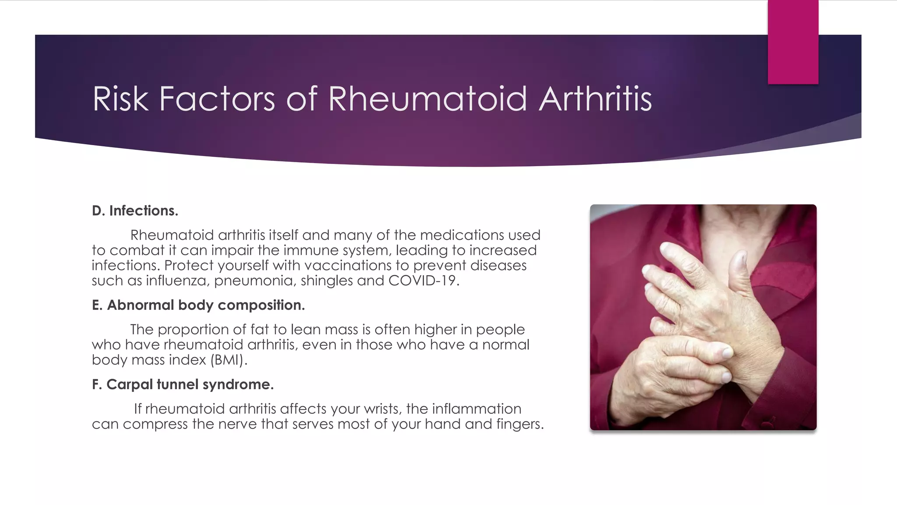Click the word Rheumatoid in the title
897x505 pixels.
(427, 99)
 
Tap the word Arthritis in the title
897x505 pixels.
(595, 99)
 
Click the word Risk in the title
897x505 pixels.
(120, 99)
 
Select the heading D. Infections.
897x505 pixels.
(135, 211)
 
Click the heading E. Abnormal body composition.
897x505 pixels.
(198, 305)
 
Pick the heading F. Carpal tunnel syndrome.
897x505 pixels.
(183, 384)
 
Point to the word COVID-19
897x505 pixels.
(424, 281)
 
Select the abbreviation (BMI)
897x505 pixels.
(229, 360)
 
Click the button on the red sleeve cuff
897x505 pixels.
(766, 423)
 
